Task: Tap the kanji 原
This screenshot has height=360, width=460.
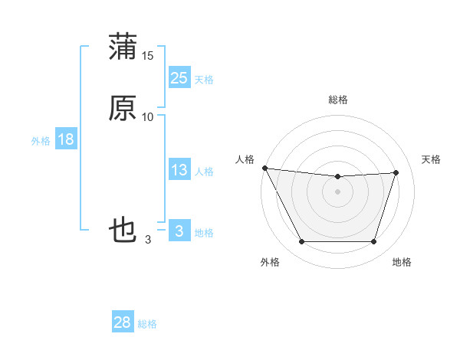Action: pos(123,110)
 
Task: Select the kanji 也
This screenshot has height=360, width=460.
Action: pos(123,230)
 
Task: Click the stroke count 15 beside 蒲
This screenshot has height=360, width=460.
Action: pos(148,56)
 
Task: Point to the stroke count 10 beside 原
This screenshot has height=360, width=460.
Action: pos(148,117)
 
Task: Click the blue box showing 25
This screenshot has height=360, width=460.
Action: pos(179,78)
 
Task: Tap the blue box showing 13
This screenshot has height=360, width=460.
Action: pos(179,171)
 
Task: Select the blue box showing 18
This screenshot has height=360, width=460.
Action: pos(65,139)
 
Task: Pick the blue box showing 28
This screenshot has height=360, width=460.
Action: pos(123,322)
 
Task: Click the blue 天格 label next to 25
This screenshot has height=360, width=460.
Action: pos(204,80)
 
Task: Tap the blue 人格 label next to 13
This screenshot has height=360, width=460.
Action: pos(204,172)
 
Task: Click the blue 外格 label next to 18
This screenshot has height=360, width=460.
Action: pos(41,141)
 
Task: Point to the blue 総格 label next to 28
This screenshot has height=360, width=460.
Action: pos(147,324)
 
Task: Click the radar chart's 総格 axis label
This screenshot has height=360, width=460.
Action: pos(338,100)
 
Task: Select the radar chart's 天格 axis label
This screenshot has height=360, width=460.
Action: pos(432,159)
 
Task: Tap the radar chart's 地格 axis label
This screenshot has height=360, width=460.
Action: pos(402,262)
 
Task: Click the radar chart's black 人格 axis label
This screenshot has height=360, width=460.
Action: pos(245,159)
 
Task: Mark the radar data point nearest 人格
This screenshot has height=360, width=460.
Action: pos(264,168)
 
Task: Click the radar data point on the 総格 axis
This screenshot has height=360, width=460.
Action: pos(338,177)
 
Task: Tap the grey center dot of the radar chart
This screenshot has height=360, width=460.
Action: pos(338,191)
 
